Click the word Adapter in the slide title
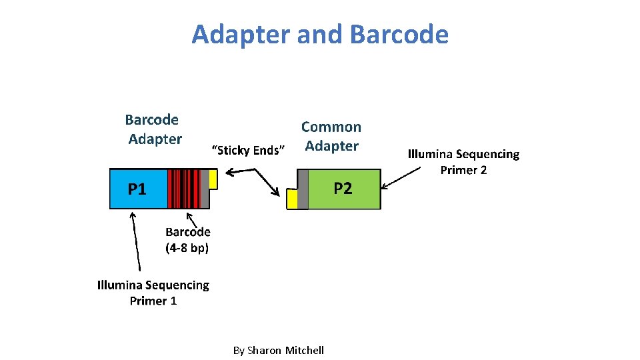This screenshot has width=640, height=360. click(x=241, y=35)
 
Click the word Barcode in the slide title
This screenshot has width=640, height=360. click(x=398, y=35)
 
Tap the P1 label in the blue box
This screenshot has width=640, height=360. click(x=137, y=189)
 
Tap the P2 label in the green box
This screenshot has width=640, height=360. click(x=343, y=189)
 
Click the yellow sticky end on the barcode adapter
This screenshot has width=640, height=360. click(x=213, y=179)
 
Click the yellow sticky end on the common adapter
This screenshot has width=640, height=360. click(x=292, y=199)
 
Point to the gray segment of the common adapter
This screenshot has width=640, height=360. click(x=303, y=189)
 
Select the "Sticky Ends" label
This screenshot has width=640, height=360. click(x=248, y=150)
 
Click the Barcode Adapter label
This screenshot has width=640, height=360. click(x=153, y=129)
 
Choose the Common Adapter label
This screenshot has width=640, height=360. click(x=331, y=136)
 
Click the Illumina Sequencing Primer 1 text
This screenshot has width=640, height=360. click(x=153, y=293)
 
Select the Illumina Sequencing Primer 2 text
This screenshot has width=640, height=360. click(x=463, y=162)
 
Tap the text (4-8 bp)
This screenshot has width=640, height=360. click(x=187, y=248)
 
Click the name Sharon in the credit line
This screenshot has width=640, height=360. click(x=264, y=350)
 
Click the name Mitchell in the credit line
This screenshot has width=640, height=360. click(x=304, y=350)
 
